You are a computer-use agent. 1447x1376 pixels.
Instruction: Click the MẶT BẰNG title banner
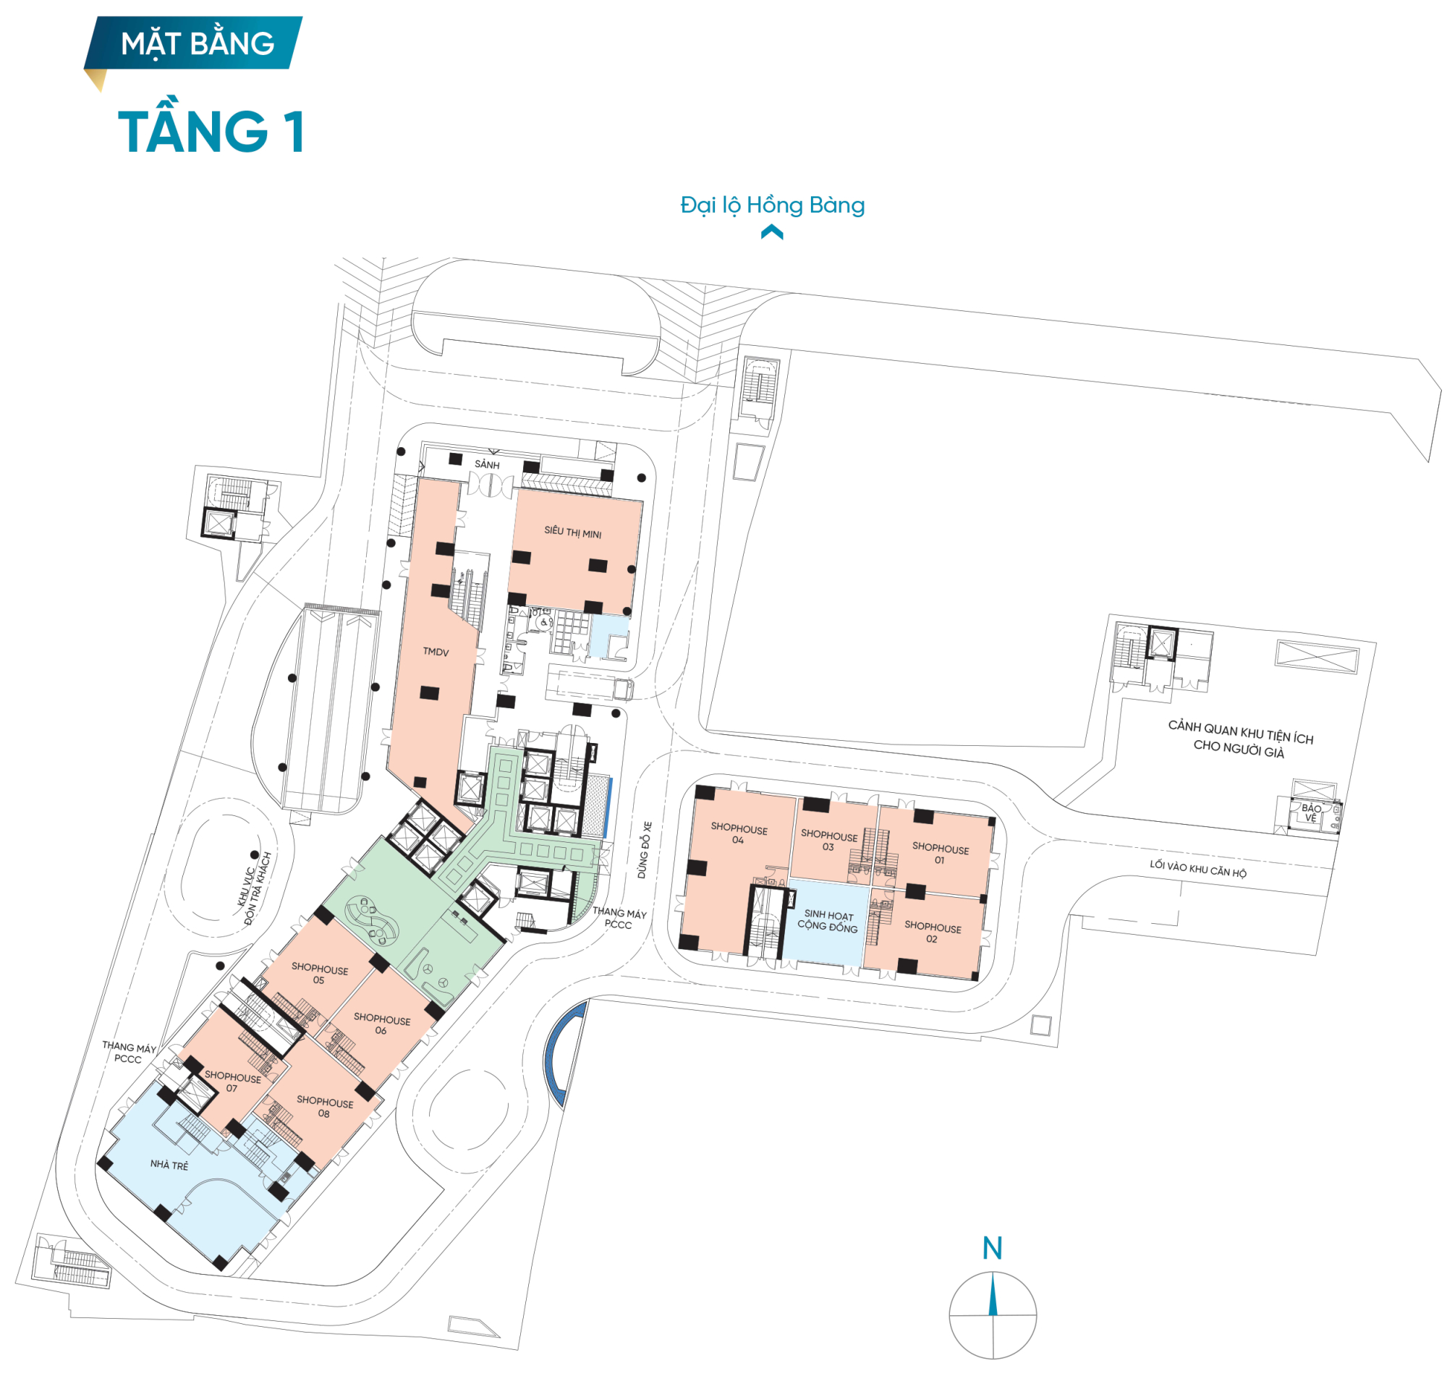197,43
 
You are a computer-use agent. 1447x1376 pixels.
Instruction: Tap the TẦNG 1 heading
211,131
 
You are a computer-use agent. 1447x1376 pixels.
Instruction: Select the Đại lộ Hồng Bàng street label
772,205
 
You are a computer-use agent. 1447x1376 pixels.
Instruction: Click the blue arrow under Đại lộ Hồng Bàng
771,232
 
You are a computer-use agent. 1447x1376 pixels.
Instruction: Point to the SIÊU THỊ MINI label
572,532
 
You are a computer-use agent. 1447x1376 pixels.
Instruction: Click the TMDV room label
436,651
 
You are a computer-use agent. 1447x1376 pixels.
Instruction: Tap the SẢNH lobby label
487,464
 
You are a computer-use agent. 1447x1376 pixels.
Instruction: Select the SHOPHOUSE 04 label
739,833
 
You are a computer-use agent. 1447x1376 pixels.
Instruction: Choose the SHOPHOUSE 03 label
828,841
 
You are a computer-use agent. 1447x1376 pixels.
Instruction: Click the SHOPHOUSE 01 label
941,854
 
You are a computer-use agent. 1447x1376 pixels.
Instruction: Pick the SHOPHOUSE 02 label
932,933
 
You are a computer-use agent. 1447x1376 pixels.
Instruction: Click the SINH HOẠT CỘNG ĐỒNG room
828,921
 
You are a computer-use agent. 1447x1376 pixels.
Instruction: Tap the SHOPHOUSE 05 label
320,973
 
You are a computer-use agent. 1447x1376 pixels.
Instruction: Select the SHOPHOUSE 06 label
382,1024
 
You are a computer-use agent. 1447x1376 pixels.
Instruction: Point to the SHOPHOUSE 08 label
324,1108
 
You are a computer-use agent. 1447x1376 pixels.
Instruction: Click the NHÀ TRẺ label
169,1165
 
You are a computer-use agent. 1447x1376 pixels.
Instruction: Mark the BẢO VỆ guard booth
1311,812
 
